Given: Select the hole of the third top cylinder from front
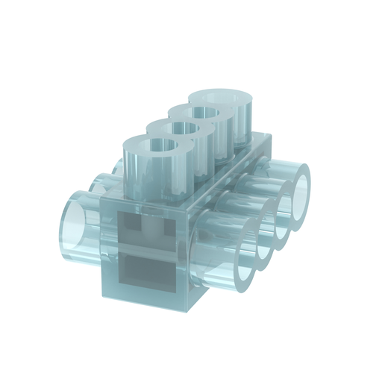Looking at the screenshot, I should pyautogui.click(x=201, y=113).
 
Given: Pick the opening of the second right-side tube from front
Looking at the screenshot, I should pyautogui.click(x=267, y=242).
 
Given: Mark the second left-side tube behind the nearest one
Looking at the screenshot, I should pyautogui.click(x=103, y=182).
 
